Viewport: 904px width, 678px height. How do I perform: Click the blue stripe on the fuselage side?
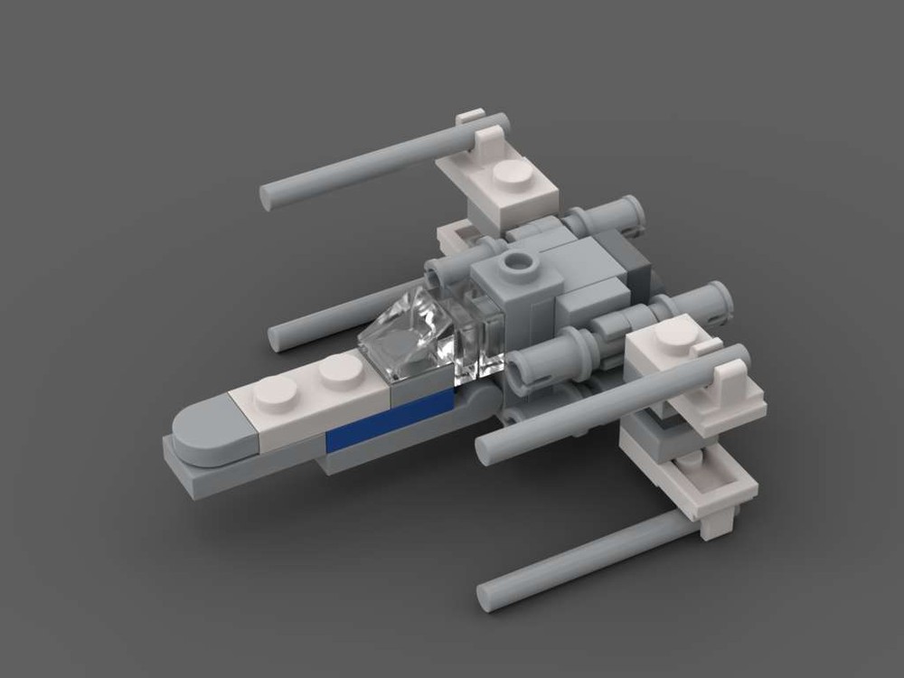pos(389,420)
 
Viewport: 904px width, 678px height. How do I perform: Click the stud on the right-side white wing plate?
pos(673,336)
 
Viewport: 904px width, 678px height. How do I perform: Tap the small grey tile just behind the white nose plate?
pos(418,391)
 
